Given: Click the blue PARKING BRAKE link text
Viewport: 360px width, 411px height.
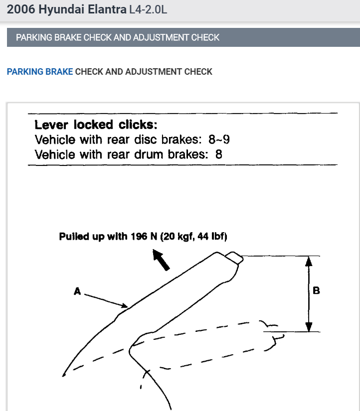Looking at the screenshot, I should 40,72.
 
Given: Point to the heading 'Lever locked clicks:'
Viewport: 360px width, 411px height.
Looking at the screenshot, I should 92,125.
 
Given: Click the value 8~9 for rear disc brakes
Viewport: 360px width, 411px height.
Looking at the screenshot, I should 219,139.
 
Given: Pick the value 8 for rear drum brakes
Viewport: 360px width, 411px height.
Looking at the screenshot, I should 218,154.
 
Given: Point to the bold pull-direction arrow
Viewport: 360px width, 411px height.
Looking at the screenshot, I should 161,260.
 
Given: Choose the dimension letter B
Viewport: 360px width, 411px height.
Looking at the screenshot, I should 316,290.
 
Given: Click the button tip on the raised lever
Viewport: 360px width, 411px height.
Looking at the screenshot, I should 233,258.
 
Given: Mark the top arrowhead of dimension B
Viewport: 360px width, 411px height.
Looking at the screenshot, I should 309,261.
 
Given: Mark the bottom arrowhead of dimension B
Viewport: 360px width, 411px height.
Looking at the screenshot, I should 309,327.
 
